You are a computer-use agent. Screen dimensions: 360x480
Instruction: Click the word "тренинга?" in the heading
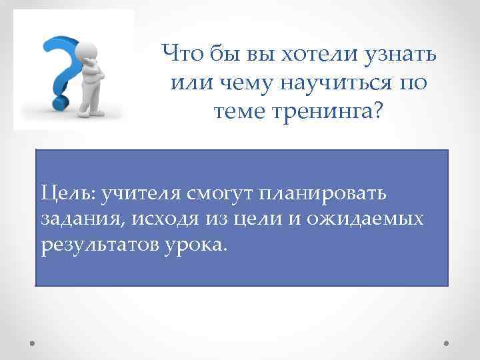[x=337, y=112]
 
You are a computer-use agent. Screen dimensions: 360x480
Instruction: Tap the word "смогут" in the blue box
[x=214, y=193]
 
